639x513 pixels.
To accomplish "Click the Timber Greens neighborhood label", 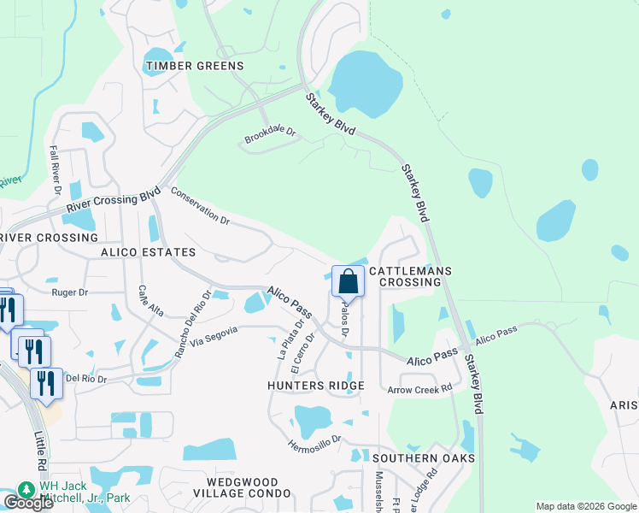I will (195, 66).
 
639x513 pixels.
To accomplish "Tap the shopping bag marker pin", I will (348, 281).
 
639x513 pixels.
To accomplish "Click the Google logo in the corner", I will (27, 502).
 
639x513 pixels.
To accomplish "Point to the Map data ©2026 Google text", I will (585, 506).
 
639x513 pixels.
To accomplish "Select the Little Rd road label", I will (41, 451).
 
